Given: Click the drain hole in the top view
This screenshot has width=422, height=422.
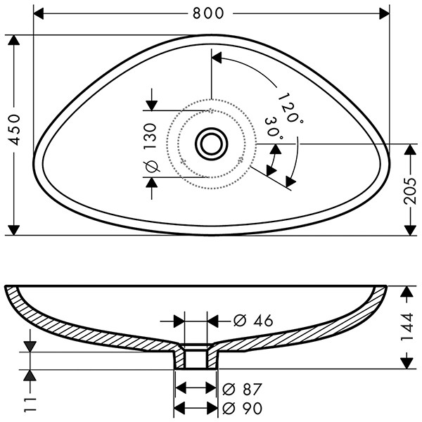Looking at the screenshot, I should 211,143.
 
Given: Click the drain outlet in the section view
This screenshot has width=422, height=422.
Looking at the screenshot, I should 196,359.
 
